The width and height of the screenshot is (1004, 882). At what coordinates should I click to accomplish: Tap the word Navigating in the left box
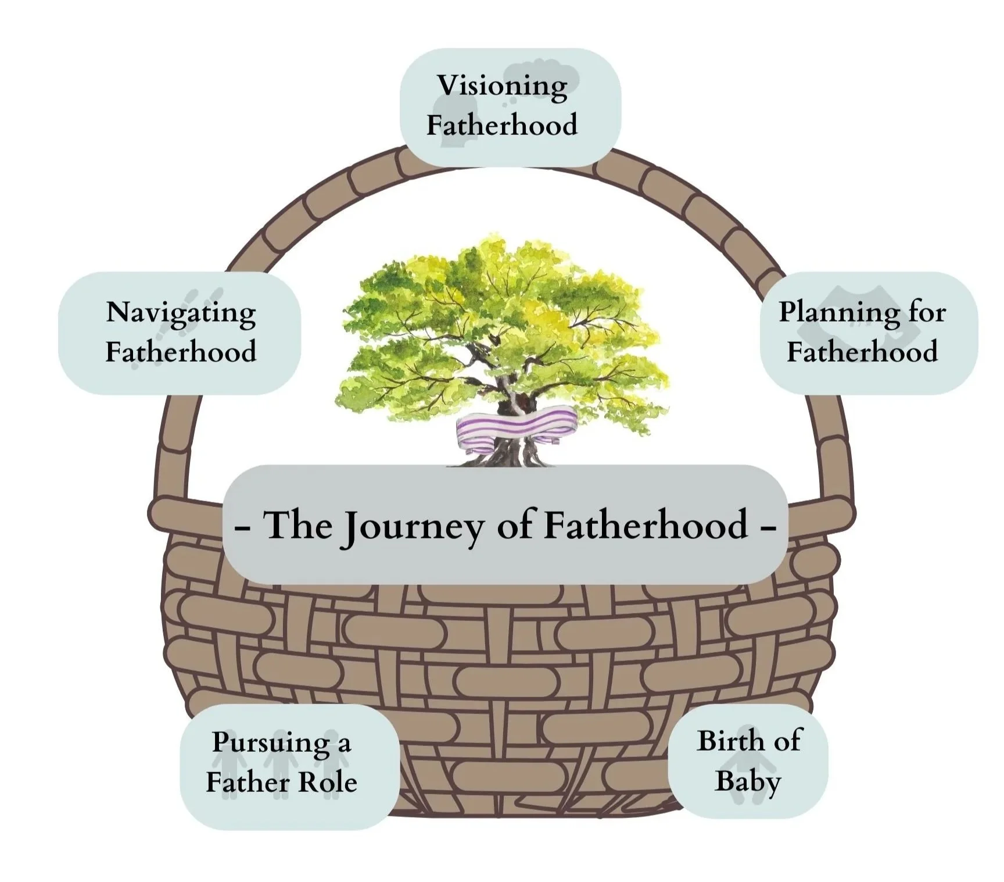(181, 313)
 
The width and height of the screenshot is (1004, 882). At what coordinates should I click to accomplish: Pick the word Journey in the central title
(414, 527)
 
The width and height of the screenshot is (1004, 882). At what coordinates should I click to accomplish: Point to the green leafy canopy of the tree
(500, 314)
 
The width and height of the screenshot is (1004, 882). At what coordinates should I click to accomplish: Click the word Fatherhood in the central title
(646, 524)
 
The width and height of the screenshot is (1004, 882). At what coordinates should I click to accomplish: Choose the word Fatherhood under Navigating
(181, 352)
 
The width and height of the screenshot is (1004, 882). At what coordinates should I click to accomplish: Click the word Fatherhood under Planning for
(862, 352)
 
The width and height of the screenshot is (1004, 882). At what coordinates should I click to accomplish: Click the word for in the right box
(927, 312)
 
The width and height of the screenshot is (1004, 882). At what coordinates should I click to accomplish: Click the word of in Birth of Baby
(788, 741)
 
